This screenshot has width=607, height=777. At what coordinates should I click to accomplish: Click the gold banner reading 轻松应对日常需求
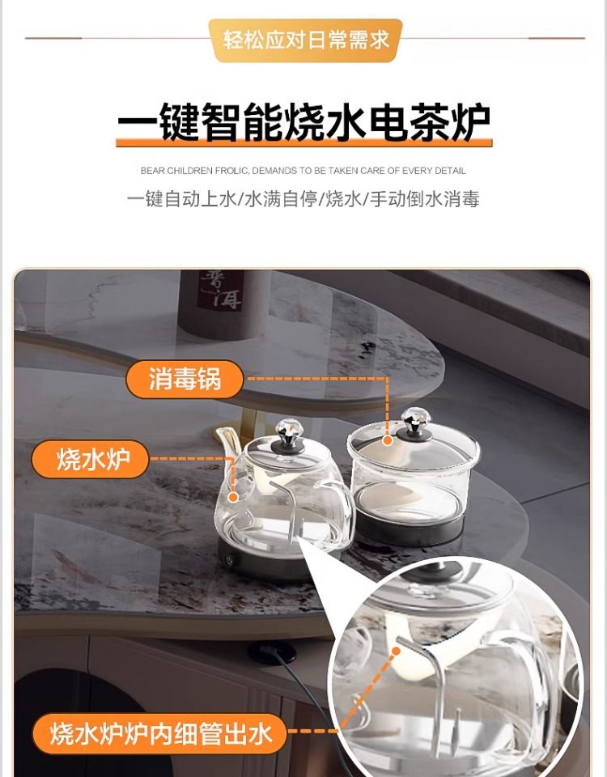tap(305, 40)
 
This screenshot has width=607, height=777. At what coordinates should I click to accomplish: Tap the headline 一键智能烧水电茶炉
tap(303, 121)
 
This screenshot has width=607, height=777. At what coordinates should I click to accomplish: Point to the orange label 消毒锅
tap(185, 379)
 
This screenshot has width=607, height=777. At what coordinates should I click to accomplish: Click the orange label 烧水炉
tap(90, 459)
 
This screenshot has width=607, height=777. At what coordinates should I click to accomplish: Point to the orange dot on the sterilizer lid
tap(388, 439)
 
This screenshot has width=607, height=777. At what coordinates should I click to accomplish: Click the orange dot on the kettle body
tap(233, 495)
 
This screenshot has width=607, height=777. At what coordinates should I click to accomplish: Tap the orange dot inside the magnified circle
tap(397, 652)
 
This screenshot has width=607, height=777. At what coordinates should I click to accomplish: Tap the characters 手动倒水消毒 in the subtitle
tap(424, 199)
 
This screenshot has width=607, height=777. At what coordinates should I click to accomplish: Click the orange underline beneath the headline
tap(303, 143)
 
